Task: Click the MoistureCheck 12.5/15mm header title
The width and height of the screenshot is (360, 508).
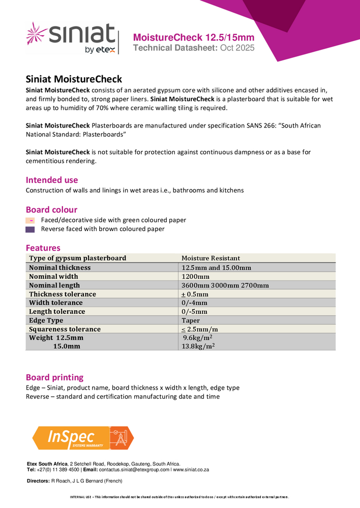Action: point(193,38)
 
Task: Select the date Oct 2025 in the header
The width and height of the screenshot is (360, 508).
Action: point(237,48)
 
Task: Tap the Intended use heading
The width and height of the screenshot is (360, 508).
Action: point(52,180)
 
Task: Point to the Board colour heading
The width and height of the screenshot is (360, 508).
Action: point(51,209)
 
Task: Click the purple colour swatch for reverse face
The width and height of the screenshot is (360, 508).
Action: point(30,229)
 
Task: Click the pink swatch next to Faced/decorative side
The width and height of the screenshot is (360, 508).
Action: point(30,220)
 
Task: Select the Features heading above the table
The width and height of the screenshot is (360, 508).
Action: point(43,248)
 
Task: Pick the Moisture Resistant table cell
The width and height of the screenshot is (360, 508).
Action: point(211,258)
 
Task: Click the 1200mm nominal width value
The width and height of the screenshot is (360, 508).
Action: point(195,276)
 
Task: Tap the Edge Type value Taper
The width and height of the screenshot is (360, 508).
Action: point(191,321)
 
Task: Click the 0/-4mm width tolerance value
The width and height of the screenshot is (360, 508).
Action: point(194,303)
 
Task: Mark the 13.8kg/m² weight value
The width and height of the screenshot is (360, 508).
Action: point(198,346)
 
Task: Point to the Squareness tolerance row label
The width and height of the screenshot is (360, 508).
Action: point(65,329)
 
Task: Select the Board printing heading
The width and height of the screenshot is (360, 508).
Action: point(54,377)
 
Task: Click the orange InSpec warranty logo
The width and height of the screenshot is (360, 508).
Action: point(83,438)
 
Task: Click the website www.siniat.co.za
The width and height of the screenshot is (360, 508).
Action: point(191,470)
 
